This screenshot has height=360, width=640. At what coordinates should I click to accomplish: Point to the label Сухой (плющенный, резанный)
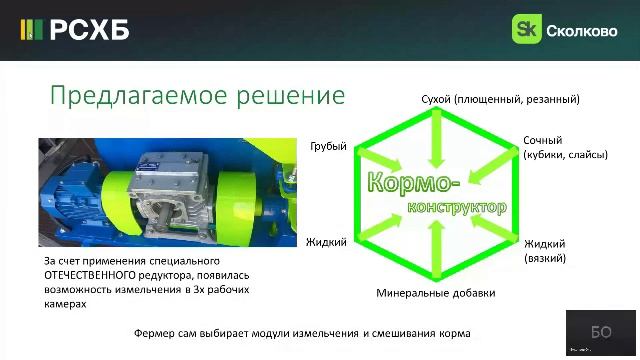500,99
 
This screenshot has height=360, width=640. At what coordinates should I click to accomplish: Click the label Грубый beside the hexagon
328,146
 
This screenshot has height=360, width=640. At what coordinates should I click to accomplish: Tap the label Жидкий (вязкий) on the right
545,250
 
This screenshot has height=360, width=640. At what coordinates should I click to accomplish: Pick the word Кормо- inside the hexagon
413,183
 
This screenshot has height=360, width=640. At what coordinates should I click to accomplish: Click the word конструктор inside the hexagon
455,206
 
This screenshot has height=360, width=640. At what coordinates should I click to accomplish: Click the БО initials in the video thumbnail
601,333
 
